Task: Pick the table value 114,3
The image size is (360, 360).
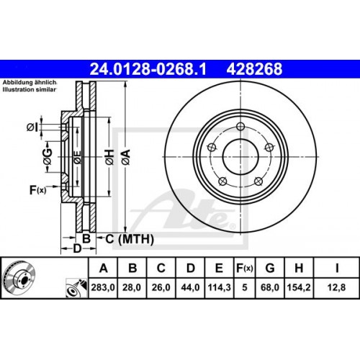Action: point(217,291)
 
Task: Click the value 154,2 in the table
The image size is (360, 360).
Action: point(299,291)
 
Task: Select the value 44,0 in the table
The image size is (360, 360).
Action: point(189,291)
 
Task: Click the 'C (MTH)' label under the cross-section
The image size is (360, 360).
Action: point(119,238)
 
